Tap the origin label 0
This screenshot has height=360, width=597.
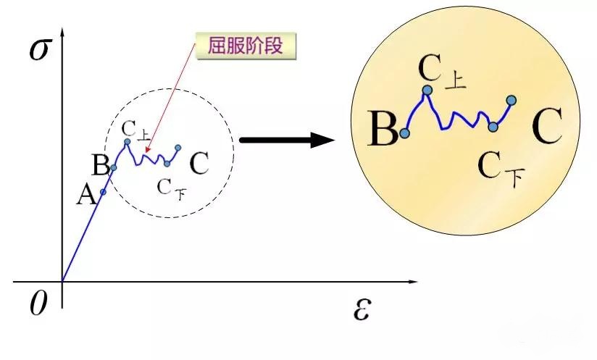(38, 304)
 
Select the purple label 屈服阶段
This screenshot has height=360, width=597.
(246, 46)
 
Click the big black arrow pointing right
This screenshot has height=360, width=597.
(287, 140)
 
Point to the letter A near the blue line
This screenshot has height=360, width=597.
(86, 196)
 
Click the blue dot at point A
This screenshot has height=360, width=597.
(103, 192)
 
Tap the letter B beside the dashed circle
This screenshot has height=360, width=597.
(101, 165)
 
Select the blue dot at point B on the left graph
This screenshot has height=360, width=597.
(114, 167)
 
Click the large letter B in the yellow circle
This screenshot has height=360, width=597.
(383, 128)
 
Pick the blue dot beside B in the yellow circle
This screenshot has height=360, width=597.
(405, 133)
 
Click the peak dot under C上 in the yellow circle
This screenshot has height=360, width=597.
(427, 91)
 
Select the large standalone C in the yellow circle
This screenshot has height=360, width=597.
(547, 125)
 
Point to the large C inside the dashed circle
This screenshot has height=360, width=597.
(199, 163)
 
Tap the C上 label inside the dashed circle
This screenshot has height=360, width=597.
(136, 130)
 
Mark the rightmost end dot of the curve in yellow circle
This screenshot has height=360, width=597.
(512, 101)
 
